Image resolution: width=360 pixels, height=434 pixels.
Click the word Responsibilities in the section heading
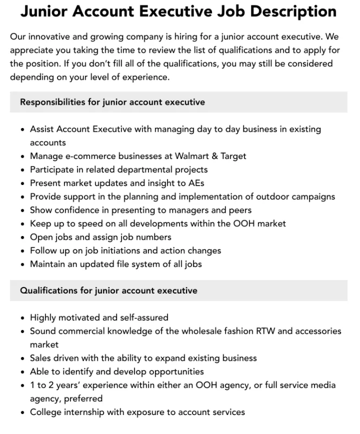[53, 102]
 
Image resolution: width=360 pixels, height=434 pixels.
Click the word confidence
[74, 210]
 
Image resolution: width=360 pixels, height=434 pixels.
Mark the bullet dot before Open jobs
[22, 238]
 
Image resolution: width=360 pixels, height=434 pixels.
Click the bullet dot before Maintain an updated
[22, 265]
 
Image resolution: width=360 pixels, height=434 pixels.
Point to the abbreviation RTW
[259, 331]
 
